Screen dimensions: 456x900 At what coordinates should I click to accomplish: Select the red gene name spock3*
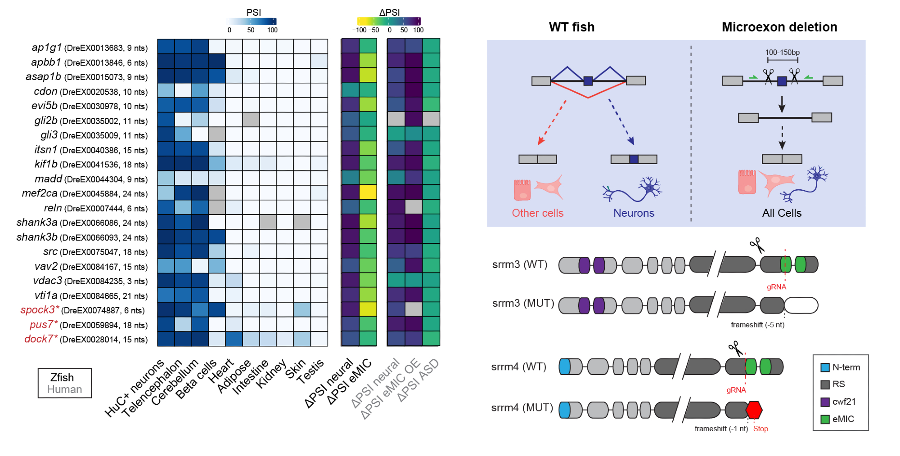pos(40,310)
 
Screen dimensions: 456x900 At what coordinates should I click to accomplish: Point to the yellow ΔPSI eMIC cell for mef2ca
pos(368,192)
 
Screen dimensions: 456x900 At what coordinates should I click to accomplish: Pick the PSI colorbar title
pos(253,12)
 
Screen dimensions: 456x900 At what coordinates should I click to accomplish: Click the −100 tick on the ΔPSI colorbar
pos(360,30)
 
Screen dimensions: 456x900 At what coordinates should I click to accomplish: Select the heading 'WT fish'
pos(571,27)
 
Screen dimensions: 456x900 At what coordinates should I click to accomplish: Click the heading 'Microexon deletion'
pos(779,27)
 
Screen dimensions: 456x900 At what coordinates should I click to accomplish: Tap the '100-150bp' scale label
pos(782,52)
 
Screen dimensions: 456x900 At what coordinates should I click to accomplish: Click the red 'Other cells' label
pos(537,213)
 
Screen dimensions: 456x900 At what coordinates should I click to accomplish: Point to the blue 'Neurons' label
pos(634,213)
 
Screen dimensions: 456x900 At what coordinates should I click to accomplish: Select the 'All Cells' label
pos(782,213)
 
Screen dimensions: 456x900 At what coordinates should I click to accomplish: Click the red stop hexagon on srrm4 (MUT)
pos(754,410)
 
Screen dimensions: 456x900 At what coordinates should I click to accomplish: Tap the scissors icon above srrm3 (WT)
pos(757,245)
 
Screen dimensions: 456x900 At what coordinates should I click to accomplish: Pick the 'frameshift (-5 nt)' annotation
pos(757,325)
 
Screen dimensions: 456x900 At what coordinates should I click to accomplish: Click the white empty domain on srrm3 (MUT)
pos(801,305)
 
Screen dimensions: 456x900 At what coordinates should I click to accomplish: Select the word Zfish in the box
pos(62,377)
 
